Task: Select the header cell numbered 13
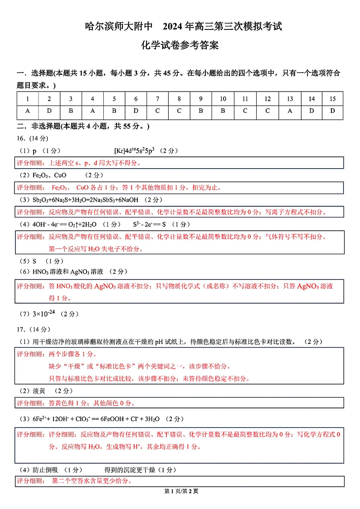290,99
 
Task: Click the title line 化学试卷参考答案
180,45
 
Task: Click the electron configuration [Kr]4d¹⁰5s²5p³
134,150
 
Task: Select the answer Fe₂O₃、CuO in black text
49,175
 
